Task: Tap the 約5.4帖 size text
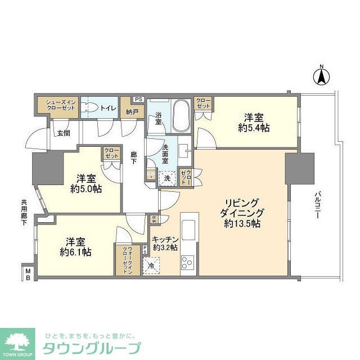point(256,128)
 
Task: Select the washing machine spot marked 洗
point(167,179)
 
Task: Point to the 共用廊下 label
point(24,213)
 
